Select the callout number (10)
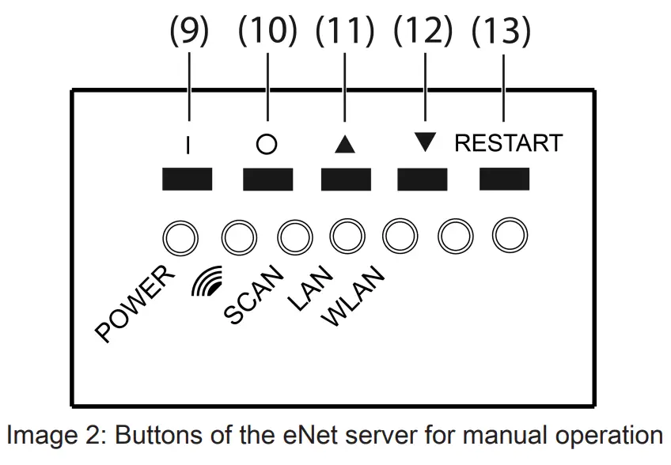[x=267, y=32]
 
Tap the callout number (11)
[x=345, y=32]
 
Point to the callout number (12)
[x=423, y=32]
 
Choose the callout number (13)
[x=502, y=32]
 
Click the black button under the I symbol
[x=188, y=180]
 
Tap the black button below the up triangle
[x=346, y=180]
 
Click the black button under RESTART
[x=505, y=180]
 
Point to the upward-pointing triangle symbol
[x=346, y=144]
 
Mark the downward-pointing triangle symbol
[x=425, y=142]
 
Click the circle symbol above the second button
[x=267, y=146]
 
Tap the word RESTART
[x=508, y=143]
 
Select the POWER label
[x=135, y=304]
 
